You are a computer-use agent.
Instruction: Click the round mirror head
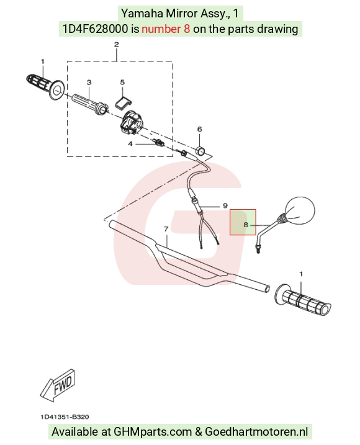click(x=300, y=210)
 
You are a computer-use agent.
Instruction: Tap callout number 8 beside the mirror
click(x=246, y=225)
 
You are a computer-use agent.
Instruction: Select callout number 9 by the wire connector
click(x=225, y=205)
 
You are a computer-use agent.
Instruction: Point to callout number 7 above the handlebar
click(x=166, y=229)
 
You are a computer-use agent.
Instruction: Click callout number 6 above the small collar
click(x=200, y=129)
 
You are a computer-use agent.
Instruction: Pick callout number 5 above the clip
click(x=122, y=82)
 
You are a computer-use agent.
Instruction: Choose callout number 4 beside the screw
click(x=130, y=144)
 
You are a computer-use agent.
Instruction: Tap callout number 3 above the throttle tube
click(x=89, y=83)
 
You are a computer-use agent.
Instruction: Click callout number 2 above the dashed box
click(x=117, y=45)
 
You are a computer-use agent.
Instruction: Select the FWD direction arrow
click(x=58, y=385)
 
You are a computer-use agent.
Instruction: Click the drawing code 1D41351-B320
click(x=65, y=417)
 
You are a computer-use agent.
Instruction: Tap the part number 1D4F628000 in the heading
click(x=95, y=29)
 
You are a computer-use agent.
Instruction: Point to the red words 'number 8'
click(x=166, y=29)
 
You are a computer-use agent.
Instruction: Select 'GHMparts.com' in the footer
click(x=153, y=432)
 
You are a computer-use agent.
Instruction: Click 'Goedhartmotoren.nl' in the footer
click(x=256, y=432)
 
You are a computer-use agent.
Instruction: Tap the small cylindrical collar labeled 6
click(x=200, y=150)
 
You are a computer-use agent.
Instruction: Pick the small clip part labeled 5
click(x=124, y=102)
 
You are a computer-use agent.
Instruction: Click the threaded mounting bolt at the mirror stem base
click(x=258, y=249)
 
